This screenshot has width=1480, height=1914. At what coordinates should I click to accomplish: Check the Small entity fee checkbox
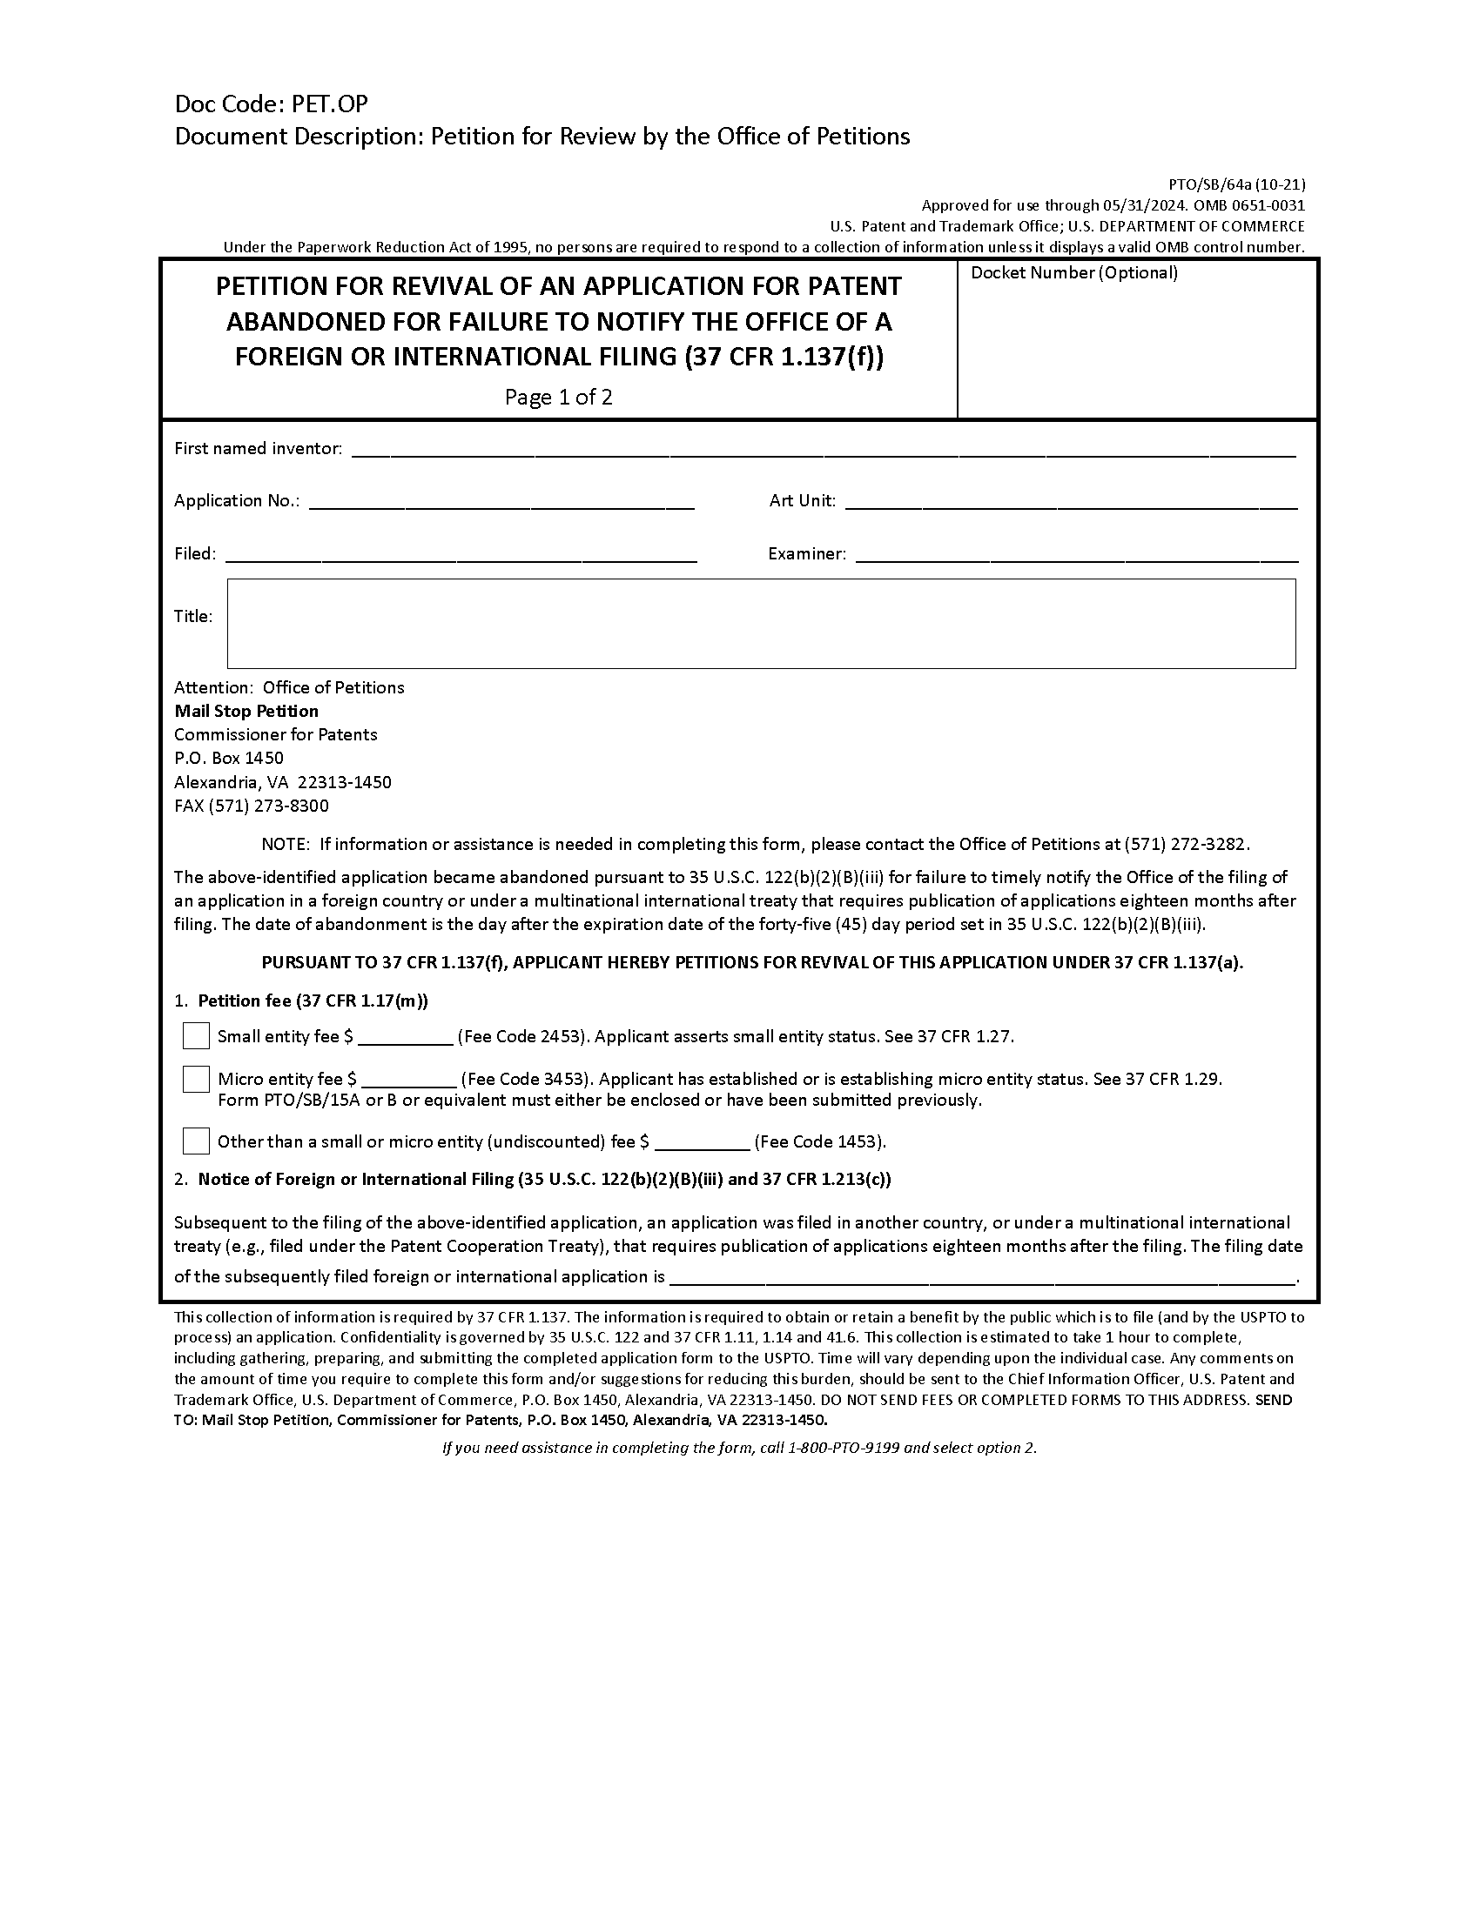tap(196, 1036)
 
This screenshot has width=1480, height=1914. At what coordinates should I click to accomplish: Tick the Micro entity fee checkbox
tap(196, 1079)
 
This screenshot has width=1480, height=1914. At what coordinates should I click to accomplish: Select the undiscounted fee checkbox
tap(196, 1141)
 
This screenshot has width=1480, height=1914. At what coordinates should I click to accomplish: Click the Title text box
tap(760, 623)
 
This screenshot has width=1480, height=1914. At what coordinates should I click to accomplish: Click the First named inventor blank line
tap(823, 449)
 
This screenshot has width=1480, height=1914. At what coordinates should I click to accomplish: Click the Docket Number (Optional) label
tap(1074, 272)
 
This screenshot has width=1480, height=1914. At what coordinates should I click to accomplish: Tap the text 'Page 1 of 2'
tap(559, 397)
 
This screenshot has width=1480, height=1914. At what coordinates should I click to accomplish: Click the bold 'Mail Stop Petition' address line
tap(246, 711)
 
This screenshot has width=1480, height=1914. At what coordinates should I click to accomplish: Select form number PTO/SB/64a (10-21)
tap(1236, 184)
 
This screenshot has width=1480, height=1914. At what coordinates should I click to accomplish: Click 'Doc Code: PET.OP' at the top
tap(271, 104)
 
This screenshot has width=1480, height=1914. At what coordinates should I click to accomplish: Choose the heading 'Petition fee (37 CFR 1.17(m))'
tap(313, 1000)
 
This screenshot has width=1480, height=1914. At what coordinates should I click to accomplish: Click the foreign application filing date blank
tap(982, 1276)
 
